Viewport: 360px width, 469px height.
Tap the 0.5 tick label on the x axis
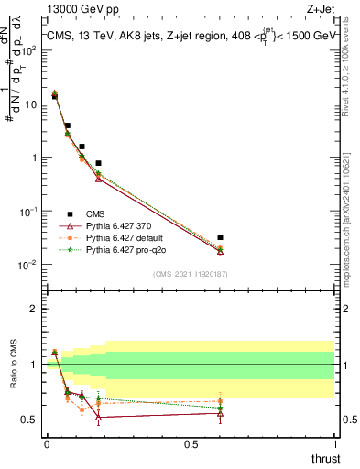coord(191,443)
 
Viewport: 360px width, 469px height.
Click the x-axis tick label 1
coord(334,443)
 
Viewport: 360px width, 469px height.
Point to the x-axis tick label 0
coord(47,443)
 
